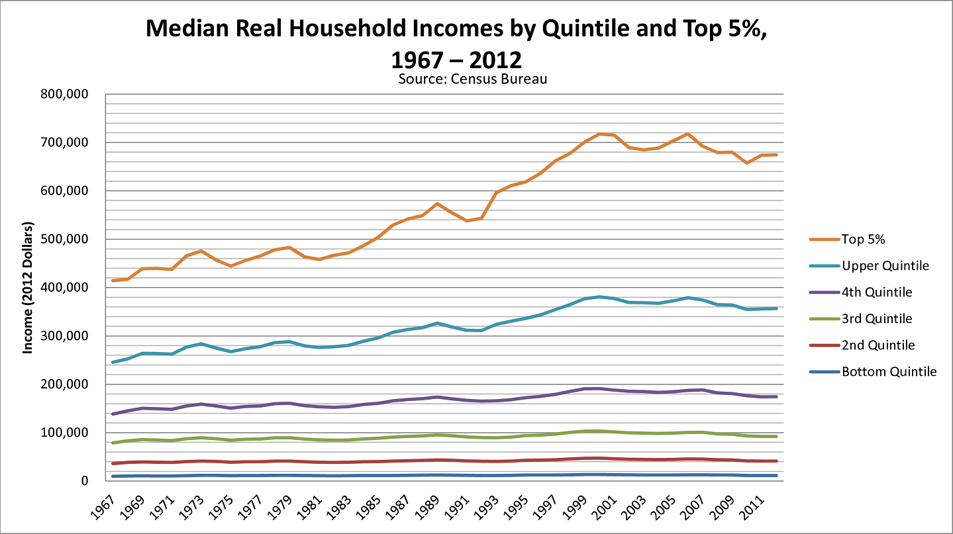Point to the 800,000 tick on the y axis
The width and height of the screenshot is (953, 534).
coord(65,94)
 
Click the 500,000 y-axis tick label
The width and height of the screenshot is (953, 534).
coord(65,239)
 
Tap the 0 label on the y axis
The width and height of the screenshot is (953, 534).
coord(85,481)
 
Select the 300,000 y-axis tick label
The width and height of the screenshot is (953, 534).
coord(65,336)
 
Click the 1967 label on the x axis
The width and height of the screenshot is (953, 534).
coord(103,508)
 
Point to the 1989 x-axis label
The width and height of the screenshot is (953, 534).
coord(426,508)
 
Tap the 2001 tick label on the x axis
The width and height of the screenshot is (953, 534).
coord(603,508)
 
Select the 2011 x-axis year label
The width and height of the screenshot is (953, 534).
coord(750,508)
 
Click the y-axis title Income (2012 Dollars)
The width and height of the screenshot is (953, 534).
coord(28,287)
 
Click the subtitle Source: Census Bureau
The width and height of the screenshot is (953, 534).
coord(473,79)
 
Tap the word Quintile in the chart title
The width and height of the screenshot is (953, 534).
coord(585,28)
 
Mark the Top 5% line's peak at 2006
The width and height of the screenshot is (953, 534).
coord(687,134)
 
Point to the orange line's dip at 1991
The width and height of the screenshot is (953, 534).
coord(467,220)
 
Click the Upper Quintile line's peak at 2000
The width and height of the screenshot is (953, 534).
coord(599,296)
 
